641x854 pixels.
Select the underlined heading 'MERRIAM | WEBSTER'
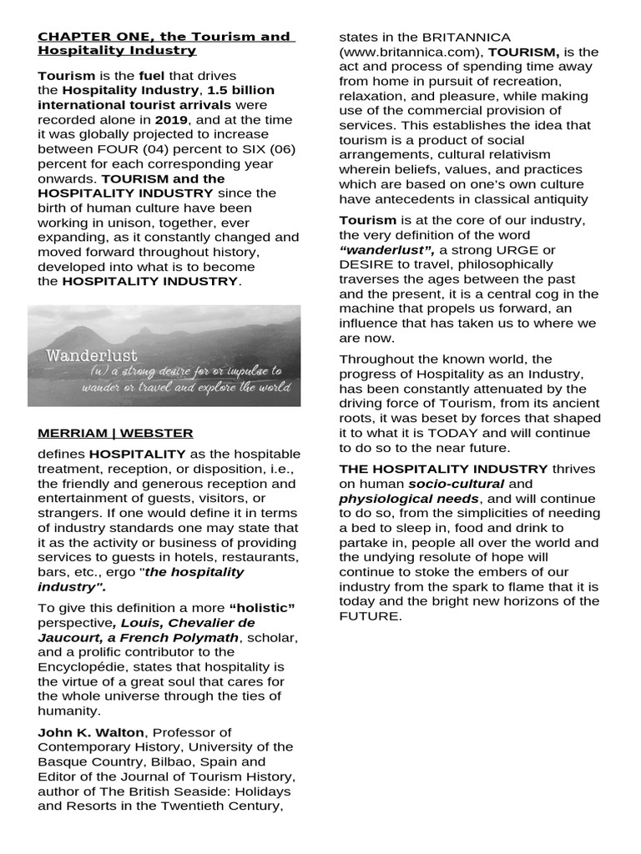115,433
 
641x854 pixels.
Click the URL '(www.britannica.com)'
411,52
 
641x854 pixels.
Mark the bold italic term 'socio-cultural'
456,484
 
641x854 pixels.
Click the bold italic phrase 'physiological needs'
396,499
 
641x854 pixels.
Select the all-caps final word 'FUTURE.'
371,616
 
